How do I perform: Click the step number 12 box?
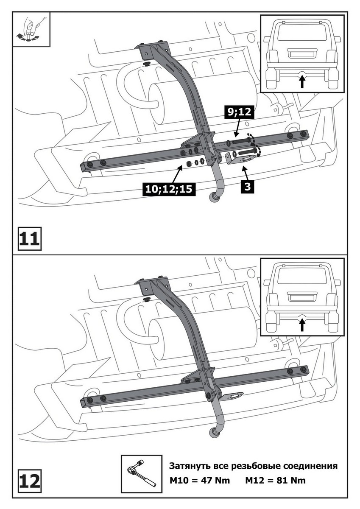(x=29, y=481)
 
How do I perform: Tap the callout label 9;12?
(x=238, y=112)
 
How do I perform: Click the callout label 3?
(x=247, y=186)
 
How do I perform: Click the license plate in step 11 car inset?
(x=301, y=53)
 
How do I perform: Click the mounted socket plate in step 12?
(x=232, y=396)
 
